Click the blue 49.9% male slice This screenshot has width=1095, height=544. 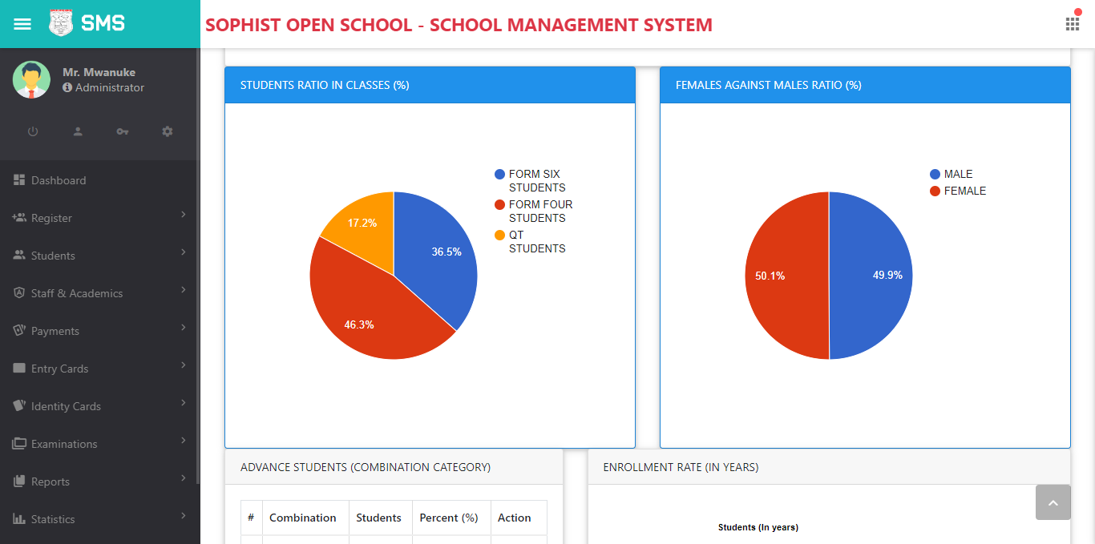pyautogui.click(x=874, y=276)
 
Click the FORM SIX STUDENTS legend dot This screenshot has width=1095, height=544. pyautogui.click(x=500, y=174)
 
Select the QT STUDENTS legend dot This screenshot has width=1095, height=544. pyautogui.click(x=500, y=235)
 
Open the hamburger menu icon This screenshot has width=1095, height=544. pyautogui.click(x=22, y=24)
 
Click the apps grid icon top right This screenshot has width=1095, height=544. pyautogui.click(x=1072, y=24)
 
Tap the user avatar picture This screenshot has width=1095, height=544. pyautogui.click(x=31, y=80)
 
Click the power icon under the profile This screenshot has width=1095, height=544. pyautogui.click(x=33, y=131)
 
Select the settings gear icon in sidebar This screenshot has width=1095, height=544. pyautogui.click(x=168, y=131)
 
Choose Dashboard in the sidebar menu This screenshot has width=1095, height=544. pyautogui.click(x=59, y=180)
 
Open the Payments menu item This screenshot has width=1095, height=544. pyautogui.click(x=55, y=331)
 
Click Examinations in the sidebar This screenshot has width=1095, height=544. pyautogui.click(x=64, y=444)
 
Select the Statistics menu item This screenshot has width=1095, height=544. pyautogui.click(x=53, y=519)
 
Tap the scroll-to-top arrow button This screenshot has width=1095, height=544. pyautogui.click(x=1053, y=502)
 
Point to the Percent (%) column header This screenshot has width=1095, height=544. pyautogui.click(x=449, y=518)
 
